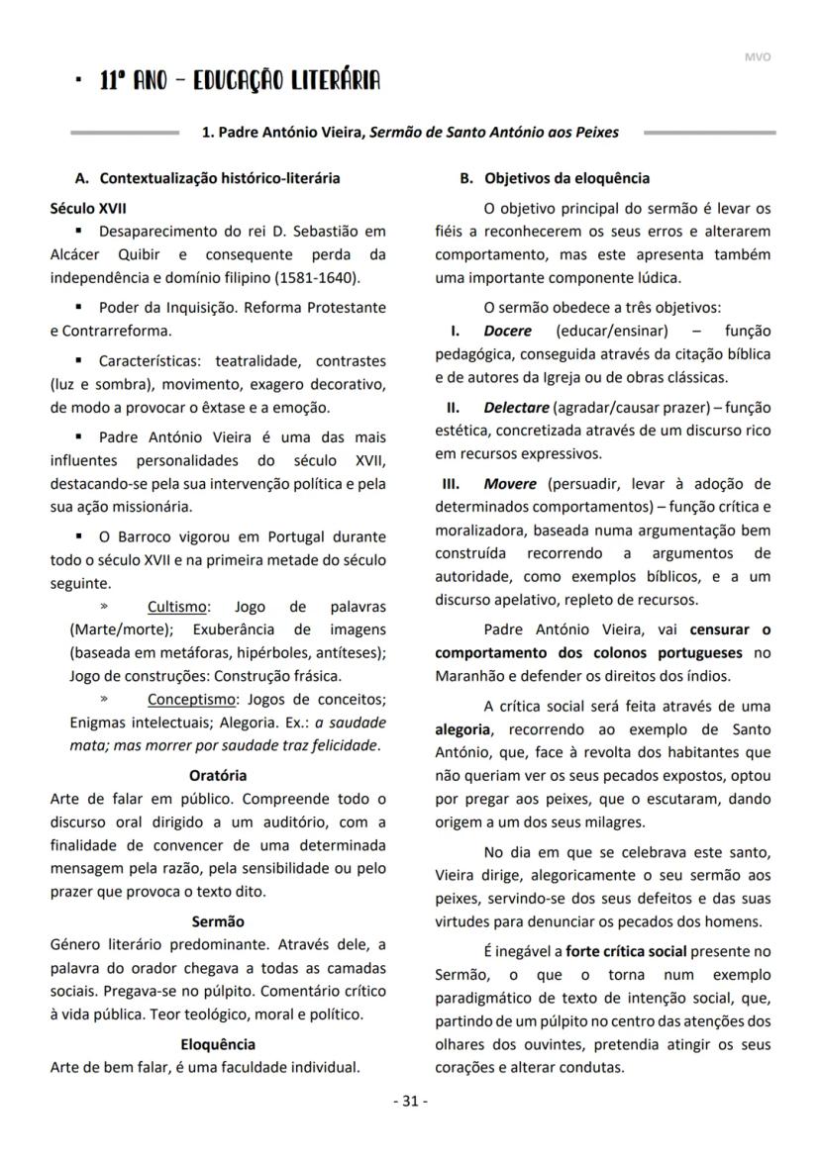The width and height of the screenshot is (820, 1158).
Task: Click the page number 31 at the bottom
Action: point(410,1101)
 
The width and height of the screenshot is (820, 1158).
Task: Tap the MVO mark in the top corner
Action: point(757,56)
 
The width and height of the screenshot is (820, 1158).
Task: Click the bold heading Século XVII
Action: point(88,209)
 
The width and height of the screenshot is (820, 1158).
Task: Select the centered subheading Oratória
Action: point(217,775)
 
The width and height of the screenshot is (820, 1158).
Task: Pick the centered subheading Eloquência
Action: point(217,1044)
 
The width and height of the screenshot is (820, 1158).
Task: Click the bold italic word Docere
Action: point(507,331)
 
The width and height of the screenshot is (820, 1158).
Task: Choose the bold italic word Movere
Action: point(509,484)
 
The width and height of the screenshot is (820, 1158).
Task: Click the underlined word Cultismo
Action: point(178,607)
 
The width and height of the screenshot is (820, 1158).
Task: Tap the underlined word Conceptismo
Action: point(191,700)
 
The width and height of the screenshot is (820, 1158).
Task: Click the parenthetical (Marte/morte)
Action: point(115,629)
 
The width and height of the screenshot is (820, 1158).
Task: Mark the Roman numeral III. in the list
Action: point(450,484)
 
